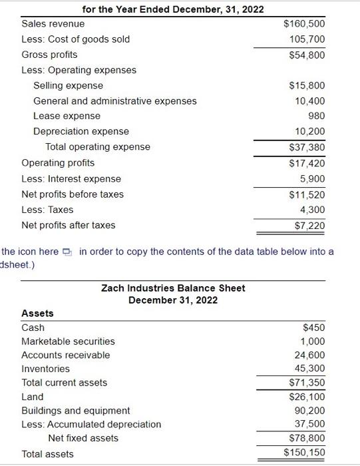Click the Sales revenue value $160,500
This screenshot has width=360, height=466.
pyautogui.click(x=304, y=25)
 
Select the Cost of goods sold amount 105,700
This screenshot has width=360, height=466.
pyautogui.click(x=307, y=39)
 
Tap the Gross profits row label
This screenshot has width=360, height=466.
pyautogui.click(x=49, y=55)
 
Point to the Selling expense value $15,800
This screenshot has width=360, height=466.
pyautogui.click(x=307, y=85)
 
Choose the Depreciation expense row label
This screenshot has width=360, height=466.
pyautogui.click(x=81, y=131)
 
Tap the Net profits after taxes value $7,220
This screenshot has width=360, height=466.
pyautogui.click(x=309, y=226)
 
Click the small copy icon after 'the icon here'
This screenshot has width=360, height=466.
pyautogui.click(x=68, y=252)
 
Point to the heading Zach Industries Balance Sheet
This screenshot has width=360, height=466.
pyautogui.click(x=173, y=288)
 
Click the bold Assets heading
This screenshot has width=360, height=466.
pyautogui.click(x=38, y=313)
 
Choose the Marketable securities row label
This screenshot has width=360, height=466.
pyautogui.click(x=68, y=342)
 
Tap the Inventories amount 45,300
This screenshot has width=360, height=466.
pyautogui.click(x=309, y=369)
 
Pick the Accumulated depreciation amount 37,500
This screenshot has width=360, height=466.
pyautogui.click(x=309, y=424)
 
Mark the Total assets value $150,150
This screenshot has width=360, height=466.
pyautogui.click(x=304, y=453)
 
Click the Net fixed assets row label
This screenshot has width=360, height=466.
pyautogui.click(x=83, y=438)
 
